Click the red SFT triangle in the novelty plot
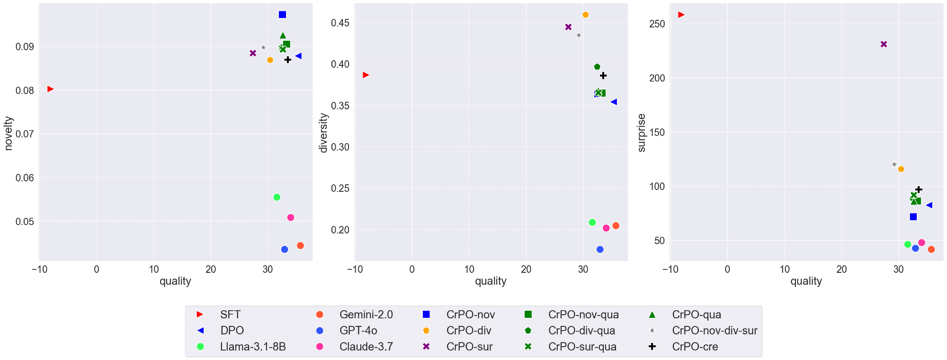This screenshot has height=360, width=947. [x=50, y=89]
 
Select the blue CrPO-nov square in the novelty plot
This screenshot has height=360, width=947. [x=282, y=15]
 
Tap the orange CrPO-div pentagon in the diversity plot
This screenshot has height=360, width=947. [x=585, y=15]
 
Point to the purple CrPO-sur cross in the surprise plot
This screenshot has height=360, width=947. [x=884, y=44]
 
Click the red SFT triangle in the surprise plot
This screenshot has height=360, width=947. [x=681, y=15]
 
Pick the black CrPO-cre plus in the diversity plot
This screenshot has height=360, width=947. [x=603, y=76]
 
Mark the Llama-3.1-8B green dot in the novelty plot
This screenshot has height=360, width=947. [x=277, y=197]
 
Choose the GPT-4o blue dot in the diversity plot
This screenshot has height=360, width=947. [x=600, y=249]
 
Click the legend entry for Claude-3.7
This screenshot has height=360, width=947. [x=366, y=347]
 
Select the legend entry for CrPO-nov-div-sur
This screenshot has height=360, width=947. [x=714, y=331]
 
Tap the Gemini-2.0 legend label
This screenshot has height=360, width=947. [x=366, y=315]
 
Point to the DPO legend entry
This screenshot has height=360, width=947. [x=232, y=331]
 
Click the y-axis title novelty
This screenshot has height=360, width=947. [x=9, y=133]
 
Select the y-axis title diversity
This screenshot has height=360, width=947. [x=324, y=133]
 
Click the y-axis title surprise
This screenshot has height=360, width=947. [x=642, y=133]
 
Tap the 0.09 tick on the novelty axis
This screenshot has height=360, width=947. [x=25, y=47]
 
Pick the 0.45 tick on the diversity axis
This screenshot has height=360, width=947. [x=340, y=23]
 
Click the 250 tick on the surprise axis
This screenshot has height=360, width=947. [x=657, y=24]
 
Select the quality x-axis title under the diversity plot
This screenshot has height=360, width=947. [x=491, y=281]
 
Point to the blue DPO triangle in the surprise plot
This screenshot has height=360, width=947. [x=929, y=205]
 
